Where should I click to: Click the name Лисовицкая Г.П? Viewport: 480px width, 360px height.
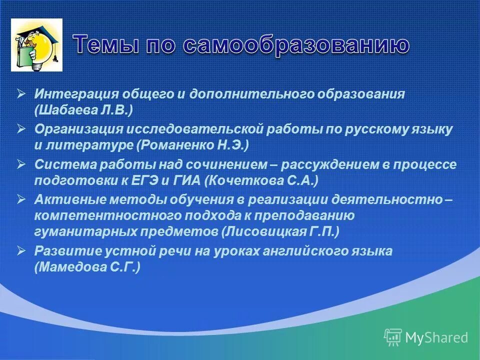click(x=280, y=232)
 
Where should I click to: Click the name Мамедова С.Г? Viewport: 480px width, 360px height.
click(x=87, y=267)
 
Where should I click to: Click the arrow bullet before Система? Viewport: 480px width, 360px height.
click(x=21, y=163)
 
